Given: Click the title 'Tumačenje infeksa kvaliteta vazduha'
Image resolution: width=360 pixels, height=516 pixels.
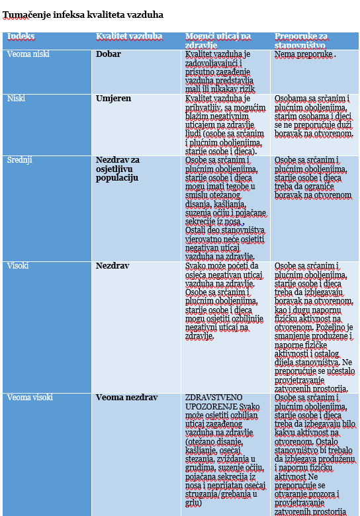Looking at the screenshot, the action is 83,15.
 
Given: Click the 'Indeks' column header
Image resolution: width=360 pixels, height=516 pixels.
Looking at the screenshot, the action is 21,36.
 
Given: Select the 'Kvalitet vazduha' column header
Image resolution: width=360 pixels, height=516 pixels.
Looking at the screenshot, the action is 129,36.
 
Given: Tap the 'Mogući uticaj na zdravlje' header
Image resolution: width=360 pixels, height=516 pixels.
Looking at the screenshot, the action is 218,40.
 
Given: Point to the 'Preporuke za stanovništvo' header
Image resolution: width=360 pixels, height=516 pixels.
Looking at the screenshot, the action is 300,40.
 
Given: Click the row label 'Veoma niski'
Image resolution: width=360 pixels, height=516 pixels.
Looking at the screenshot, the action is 28,54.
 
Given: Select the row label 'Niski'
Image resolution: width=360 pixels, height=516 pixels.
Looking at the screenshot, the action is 16,99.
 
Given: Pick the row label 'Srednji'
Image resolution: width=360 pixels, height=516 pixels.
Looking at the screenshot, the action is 19,160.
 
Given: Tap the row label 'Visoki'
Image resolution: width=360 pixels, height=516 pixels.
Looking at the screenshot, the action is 18,265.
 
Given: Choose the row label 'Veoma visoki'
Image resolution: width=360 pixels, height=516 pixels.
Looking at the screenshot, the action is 30,397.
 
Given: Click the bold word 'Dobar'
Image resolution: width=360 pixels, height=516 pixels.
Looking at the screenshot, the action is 109,54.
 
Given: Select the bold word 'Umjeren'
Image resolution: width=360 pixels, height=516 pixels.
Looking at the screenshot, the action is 114,99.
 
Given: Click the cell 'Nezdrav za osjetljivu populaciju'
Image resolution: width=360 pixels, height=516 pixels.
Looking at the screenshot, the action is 118,169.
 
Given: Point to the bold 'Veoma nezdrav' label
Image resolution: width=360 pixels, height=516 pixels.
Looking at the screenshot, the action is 126,397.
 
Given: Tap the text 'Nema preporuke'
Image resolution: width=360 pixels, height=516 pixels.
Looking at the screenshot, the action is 303,54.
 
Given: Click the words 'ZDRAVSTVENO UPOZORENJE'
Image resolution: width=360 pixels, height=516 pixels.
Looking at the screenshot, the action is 214,402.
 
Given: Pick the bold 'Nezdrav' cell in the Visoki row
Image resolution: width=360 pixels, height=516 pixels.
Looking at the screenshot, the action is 112,265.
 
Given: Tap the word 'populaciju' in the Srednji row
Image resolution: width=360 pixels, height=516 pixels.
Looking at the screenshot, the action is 117,178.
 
